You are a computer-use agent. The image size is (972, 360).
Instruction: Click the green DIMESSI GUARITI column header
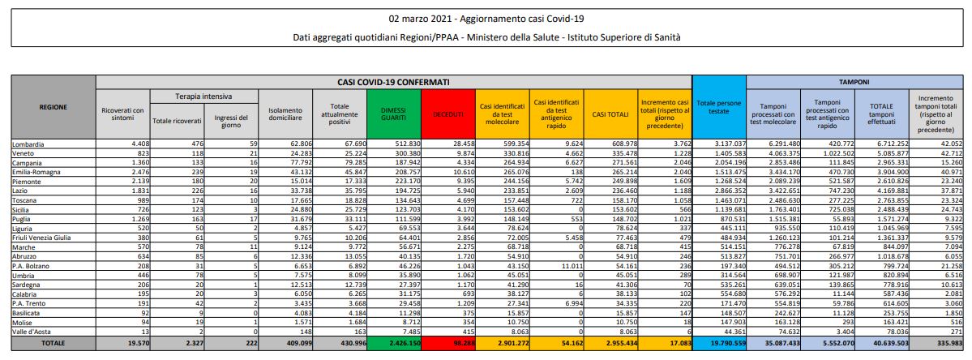click(x=392, y=114)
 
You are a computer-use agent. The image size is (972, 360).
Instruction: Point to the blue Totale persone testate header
click(x=717, y=106)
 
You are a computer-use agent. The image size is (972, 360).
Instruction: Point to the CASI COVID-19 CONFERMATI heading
click(x=394, y=83)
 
